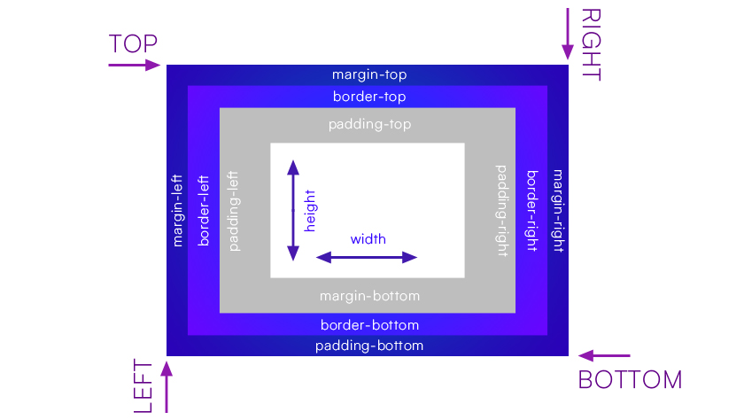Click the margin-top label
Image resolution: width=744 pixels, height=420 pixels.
coord(368,74)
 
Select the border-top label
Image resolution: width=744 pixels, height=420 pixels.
coord(368,96)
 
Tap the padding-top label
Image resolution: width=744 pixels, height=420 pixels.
coord(369,124)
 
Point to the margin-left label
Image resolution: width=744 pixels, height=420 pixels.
coord(177,209)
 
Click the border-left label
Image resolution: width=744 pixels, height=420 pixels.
coord(204,209)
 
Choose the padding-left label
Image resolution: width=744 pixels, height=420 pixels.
coord(235,209)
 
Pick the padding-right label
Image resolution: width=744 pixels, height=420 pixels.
coord(502,209)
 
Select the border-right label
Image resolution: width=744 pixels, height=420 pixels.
coord(531,209)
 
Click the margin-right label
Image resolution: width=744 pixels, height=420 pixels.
coord(558,209)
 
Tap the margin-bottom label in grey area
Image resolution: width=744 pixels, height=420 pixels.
coord(369,295)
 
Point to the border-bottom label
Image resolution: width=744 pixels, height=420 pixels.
coord(369,324)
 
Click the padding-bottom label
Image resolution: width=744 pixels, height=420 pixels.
coord(369,345)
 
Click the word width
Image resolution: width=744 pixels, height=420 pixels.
coord(368,239)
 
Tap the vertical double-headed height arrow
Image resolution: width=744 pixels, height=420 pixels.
coord(293,210)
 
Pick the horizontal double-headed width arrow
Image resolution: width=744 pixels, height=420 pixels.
coord(367,258)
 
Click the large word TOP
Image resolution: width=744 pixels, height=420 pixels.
coord(133,44)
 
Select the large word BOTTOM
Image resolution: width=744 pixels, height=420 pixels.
coord(630,380)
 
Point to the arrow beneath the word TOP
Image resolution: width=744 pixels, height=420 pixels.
coord(134,65)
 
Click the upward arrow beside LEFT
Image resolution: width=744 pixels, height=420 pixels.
coord(166,388)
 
